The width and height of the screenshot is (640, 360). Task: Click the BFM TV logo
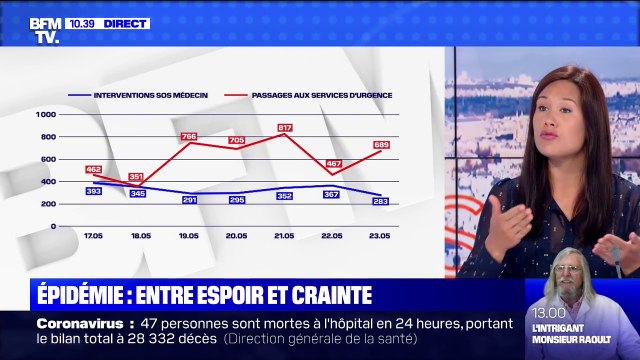pyautogui.click(x=44, y=30)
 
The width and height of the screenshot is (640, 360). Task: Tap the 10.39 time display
pyautogui.click(x=81, y=22)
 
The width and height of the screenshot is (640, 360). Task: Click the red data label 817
pyautogui.click(x=285, y=128)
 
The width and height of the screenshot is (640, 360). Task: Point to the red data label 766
pyautogui.click(x=189, y=136)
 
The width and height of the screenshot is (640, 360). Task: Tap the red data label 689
pyautogui.click(x=381, y=145)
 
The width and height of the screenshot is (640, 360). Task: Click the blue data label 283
pyautogui.click(x=381, y=201)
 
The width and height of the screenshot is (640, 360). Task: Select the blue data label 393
pyautogui.click(x=93, y=190)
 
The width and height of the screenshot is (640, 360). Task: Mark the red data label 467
pyautogui.click(x=333, y=163)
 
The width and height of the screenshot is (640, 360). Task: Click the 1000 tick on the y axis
pyautogui.click(x=47, y=114)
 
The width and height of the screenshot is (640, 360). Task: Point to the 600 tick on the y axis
pyautogui.click(x=49, y=159)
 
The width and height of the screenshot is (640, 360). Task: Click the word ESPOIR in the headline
pyautogui.click(x=238, y=295)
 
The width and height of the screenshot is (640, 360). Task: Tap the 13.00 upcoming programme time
pyautogui.click(x=549, y=313)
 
